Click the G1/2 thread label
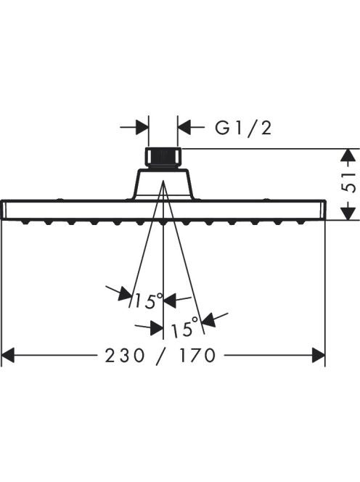pyautogui.click(x=243, y=128)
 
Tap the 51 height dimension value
pyautogui.click(x=348, y=182)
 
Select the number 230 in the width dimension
pyautogui.click(x=125, y=356)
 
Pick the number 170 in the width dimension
pyautogui.click(x=197, y=356)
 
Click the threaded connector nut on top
pyautogui.click(x=163, y=158)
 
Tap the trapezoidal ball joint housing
pyautogui.click(x=163, y=184)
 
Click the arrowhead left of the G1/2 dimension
pyautogui.click(x=142, y=126)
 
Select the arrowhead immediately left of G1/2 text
pyautogui.click(x=184, y=126)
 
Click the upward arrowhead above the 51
pyautogui.click(x=348, y=156)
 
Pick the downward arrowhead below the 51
pyautogui.click(x=348, y=213)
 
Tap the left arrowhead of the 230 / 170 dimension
pyautogui.click(x=8, y=356)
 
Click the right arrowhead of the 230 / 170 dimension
pyautogui.click(x=319, y=356)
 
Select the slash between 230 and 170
pyautogui.click(x=162, y=356)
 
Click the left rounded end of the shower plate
pyautogui.click(x=4, y=210)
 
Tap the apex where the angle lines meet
pyautogui.click(x=163, y=181)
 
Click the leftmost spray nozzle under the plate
pyautogui.click(x=25, y=222)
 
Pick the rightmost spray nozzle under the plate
pyautogui.click(x=301, y=222)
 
